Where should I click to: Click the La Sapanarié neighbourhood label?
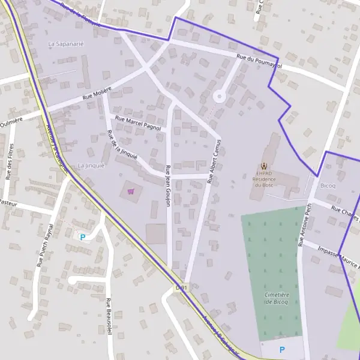coord(66,44)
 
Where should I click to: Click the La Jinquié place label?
coord(91,165)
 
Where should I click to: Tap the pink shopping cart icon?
coord(131,191)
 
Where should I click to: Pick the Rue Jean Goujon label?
coord(169,185)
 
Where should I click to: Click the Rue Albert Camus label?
coord(214,161)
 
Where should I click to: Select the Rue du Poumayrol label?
coord(259,61)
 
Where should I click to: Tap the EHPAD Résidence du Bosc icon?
coord(264,166)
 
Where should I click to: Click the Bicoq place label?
coord(328,185)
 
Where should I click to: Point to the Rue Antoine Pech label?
coord(305,224)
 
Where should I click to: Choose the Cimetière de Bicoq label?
coord(277,298)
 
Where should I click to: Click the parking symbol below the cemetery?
coord(282,349)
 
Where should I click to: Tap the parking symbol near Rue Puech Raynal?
coord(83,237)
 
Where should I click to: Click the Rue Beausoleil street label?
coord(109,318)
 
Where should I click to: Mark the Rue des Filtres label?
coord(9,161)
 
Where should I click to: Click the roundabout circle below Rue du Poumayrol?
coord(219,95)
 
